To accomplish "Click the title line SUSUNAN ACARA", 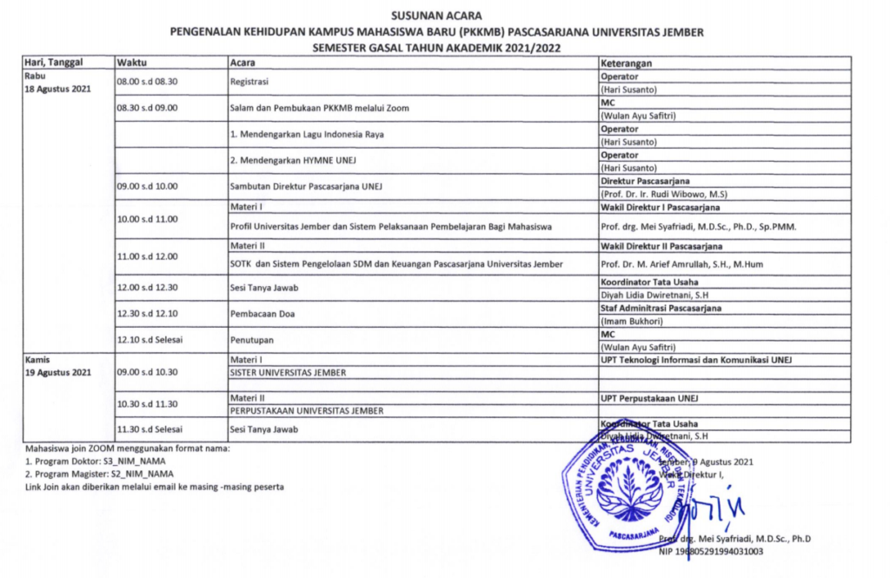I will [437, 16].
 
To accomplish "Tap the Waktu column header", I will [131, 63].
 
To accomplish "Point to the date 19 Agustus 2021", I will [57, 373].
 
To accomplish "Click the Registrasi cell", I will [249, 82].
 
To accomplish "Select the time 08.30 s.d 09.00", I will [147, 108].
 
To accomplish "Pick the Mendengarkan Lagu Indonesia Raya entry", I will [307, 135].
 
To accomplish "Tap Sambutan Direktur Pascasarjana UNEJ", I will [306, 187].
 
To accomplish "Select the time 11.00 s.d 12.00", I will [147, 256].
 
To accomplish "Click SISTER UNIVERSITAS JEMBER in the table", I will [287, 373].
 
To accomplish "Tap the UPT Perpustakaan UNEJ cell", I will [650, 398].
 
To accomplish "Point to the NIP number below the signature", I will [712, 551].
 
